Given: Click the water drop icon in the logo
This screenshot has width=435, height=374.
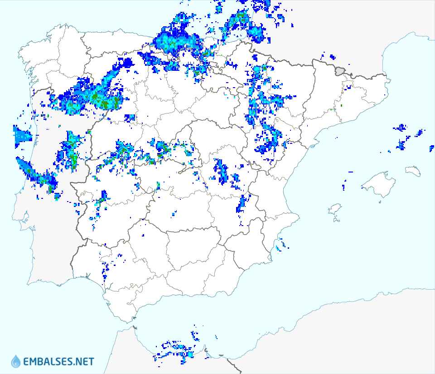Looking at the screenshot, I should point(16,361).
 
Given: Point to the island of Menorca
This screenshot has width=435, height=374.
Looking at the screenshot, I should point(413,171).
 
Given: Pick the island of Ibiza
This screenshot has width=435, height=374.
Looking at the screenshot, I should point(334,209).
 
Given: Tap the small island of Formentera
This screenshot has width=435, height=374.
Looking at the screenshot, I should point(336,220).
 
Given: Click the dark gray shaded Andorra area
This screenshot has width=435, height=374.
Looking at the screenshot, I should point(340,70).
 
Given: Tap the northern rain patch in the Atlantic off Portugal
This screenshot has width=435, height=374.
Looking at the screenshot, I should point(20,136).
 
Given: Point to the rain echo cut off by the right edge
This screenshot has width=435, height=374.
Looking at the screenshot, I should point(432,148).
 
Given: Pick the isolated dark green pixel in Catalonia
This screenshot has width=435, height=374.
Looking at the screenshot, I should point(341,106).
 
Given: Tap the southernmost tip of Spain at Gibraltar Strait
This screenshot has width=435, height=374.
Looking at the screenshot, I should point(134,326).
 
